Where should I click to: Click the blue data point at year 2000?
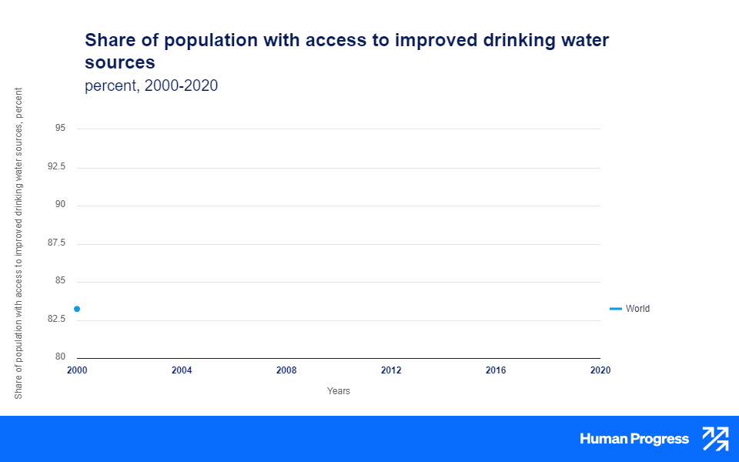tap(77, 309)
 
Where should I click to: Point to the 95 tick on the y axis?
tap(60, 129)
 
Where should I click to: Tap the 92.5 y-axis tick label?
tap(56, 167)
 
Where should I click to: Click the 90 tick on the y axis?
tap(60, 205)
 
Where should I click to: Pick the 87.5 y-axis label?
tap(56, 243)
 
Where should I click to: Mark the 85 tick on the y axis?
tap(60, 281)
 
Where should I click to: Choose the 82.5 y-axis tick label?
tap(56, 319)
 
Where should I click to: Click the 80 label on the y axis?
tap(60, 357)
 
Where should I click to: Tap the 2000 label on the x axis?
tap(77, 370)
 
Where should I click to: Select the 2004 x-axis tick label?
tap(182, 370)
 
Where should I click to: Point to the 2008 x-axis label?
tap(286, 370)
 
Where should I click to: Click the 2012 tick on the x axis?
tap(391, 370)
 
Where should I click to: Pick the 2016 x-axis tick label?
tap(496, 370)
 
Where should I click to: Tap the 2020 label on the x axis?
tap(600, 370)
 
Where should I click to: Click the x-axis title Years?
tap(339, 391)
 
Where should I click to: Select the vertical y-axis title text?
tap(19, 243)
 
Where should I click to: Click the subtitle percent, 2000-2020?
tap(151, 85)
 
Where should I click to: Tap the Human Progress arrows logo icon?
tap(715, 439)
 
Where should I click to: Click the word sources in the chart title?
tap(120, 62)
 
